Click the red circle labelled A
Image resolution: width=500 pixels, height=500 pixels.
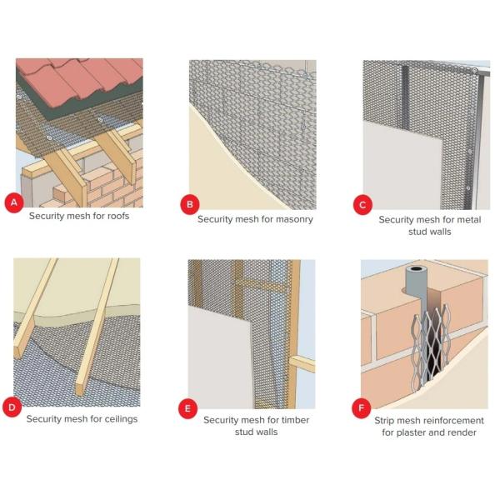(x=14, y=202)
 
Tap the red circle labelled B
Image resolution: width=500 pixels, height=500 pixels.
(x=190, y=204)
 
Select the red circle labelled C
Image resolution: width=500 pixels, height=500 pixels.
(x=362, y=205)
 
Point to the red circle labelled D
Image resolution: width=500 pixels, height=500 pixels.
(x=12, y=407)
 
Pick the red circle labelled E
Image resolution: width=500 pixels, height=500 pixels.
(x=187, y=408)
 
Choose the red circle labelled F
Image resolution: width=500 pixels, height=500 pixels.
(x=362, y=407)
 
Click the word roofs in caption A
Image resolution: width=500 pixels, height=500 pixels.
(x=118, y=216)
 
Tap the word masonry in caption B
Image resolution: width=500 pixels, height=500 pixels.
(x=294, y=219)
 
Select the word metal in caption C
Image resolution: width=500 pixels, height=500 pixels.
(x=468, y=220)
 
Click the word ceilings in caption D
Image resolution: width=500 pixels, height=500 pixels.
(x=121, y=419)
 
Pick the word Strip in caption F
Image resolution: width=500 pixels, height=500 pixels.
(x=384, y=421)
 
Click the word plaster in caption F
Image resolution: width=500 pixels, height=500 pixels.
(x=411, y=432)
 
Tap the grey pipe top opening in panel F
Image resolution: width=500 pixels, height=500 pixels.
(x=416, y=269)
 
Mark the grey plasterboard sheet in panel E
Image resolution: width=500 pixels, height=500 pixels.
(x=220, y=358)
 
